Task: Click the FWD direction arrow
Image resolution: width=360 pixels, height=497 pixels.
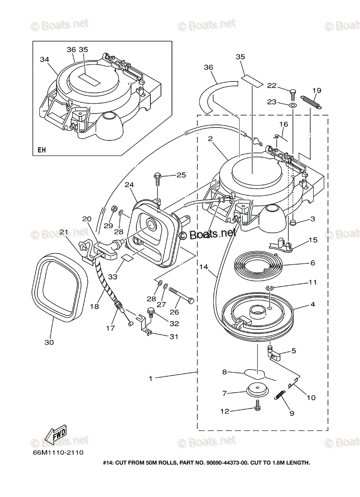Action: pos(56,434)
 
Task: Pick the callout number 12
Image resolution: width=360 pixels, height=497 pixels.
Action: pos(224,411)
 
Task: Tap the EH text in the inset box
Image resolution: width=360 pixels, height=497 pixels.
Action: pos(42,150)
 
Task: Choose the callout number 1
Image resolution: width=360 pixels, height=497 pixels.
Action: pos(151,378)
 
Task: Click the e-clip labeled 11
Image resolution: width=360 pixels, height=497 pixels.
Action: pos(270,288)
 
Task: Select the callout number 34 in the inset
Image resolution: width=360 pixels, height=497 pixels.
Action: pos(44,60)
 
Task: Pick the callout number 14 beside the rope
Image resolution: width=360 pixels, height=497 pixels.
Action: pos(203,267)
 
